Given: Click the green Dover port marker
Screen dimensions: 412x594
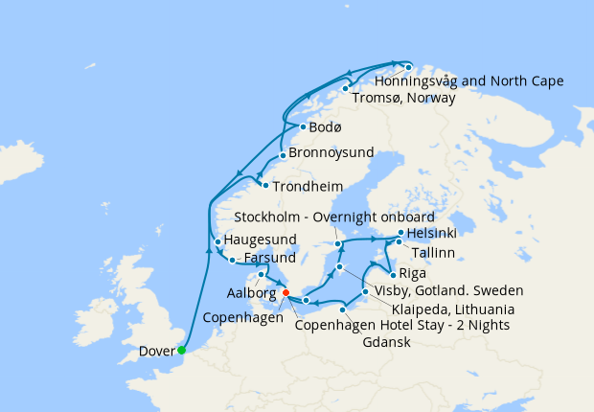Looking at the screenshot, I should [182, 350].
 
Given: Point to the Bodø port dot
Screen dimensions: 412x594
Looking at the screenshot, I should [303, 126].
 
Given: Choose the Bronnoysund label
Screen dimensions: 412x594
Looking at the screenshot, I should [331, 154].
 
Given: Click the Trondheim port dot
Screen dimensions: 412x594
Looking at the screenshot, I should [265, 184].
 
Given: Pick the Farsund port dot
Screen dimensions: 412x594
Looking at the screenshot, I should [232, 260].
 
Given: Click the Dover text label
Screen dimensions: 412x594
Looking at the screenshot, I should [157, 351].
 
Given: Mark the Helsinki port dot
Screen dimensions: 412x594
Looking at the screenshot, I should [401, 233].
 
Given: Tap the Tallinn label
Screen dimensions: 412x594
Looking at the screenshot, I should [431, 252].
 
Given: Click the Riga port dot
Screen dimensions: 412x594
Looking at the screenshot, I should [393, 274].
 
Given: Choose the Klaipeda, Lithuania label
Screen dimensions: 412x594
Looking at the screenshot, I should [453, 309].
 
